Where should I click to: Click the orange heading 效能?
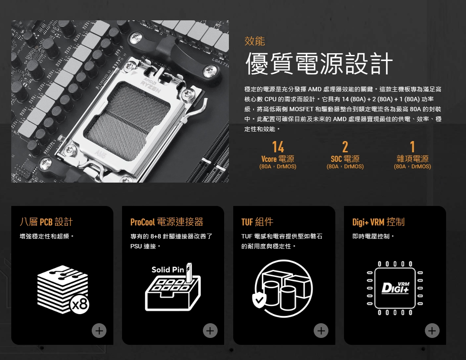click(x=254, y=41)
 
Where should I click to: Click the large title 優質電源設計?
click(x=319, y=63)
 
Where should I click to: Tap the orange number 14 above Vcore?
click(x=278, y=147)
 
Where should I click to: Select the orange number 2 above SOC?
click(x=345, y=147)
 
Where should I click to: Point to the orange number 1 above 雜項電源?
click(x=412, y=147)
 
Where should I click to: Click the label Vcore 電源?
click(x=278, y=159)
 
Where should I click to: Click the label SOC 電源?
click(x=345, y=159)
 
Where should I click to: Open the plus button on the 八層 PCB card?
click(x=99, y=331)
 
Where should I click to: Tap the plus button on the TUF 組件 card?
click(x=321, y=331)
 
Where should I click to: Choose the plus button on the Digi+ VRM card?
click(x=432, y=331)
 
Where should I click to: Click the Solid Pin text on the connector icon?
click(x=167, y=270)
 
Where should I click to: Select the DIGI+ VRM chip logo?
click(x=395, y=288)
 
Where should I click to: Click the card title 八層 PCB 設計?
click(x=46, y=222)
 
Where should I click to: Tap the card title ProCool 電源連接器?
click(x=167, y=222)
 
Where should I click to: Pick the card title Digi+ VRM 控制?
click(x=378, y=222)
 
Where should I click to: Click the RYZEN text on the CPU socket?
click(x=151, y=86)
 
